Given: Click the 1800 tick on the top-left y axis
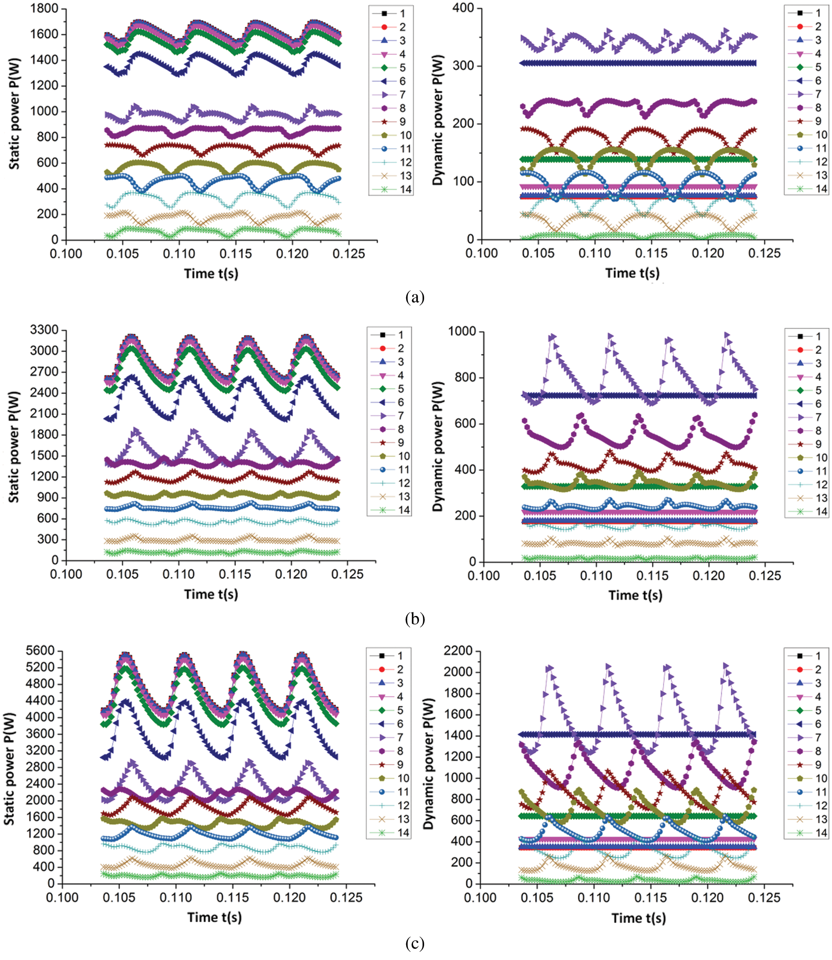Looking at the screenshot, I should click(x=45, y=9).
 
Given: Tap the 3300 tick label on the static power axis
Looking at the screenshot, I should click(x=44, y=330).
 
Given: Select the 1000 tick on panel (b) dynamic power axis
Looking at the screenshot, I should click(x=461, y=331).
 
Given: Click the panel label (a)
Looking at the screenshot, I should click(x=415, y=296).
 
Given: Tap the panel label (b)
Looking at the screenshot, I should click(x=415, y=619).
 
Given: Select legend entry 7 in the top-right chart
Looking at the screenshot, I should click(x=806, y=94).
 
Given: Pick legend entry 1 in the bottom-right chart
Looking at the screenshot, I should click(x=806, y=656).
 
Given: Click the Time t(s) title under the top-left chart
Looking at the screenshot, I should click(x=211, y=273).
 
